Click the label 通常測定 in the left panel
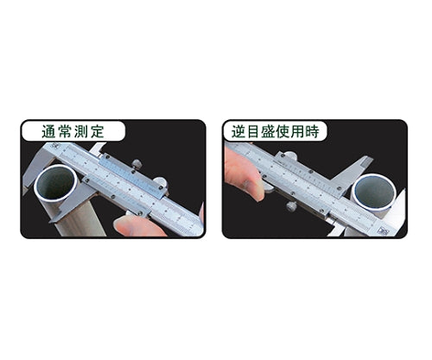click(73, 132)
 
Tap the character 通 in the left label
click(49, 132)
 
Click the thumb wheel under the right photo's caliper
click(291, 206)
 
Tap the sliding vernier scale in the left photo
click(130, 183)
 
